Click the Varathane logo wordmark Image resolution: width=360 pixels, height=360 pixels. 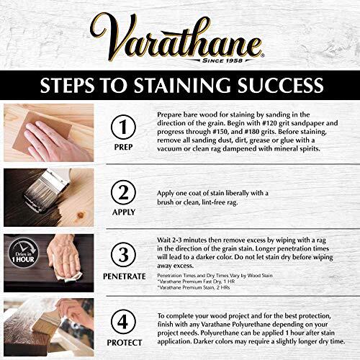(179, 35)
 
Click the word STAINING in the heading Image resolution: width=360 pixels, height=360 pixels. (181, 87)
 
